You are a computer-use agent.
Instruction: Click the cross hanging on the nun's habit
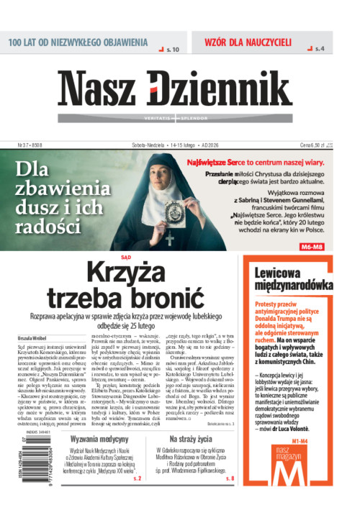pyautogui.click(x=169, y=239)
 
